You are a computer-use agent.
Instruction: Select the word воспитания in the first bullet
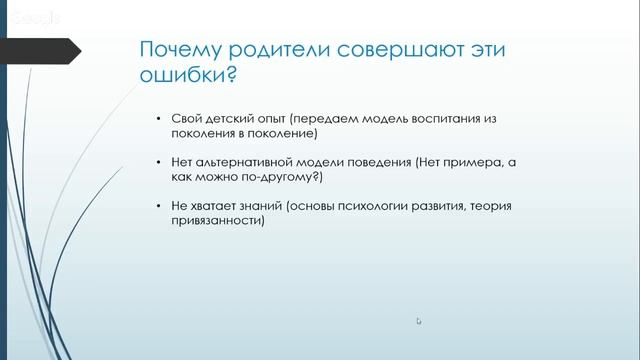[446, 118]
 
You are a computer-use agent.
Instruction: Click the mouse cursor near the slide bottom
[419, 320]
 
